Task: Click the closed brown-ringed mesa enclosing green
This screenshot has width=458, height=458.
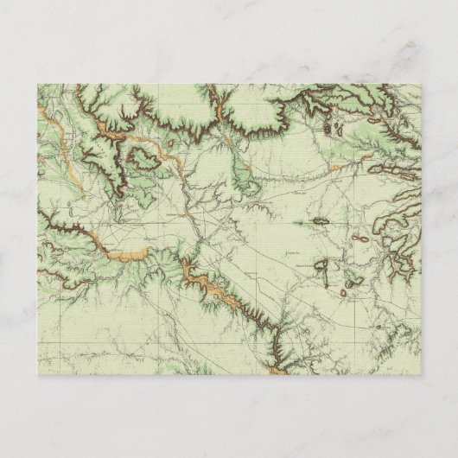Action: (x=141, y=156)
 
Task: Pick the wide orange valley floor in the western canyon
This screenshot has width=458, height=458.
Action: (x=130, y=254)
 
